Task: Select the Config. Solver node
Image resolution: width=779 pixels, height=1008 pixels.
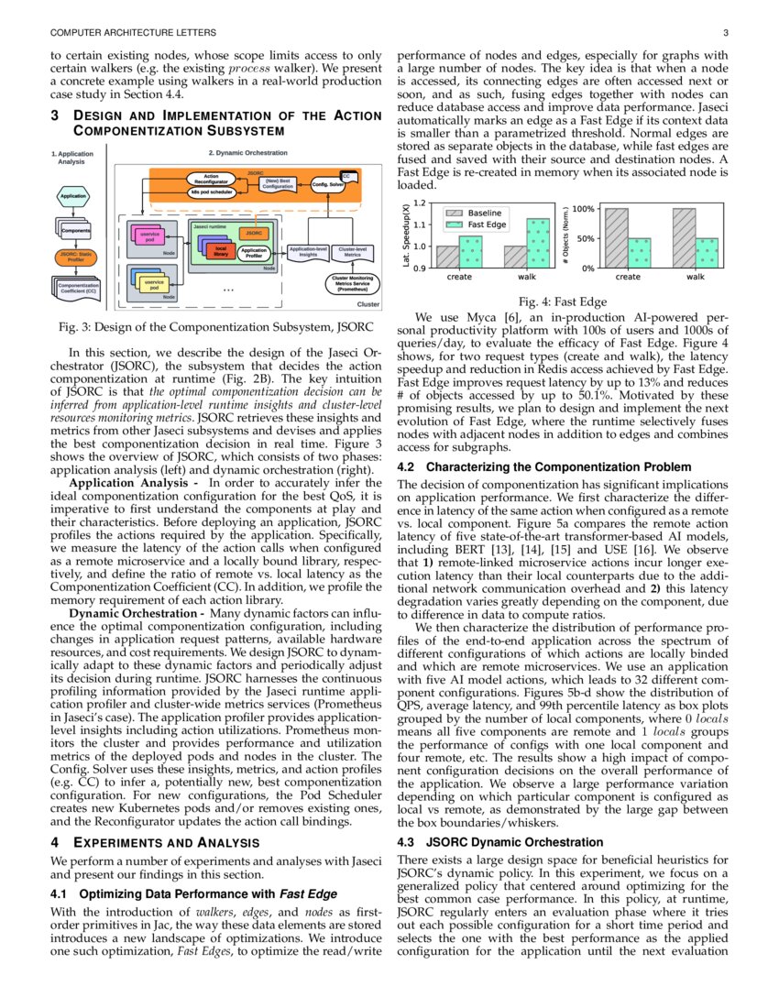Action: [327, 184]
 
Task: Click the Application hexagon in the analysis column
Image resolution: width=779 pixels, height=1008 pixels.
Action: [72, 197]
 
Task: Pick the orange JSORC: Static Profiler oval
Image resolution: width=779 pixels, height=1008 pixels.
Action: [73, 257]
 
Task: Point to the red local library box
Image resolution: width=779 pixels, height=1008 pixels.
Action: [220, 251]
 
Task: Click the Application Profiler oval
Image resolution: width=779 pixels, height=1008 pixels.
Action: [254, 253]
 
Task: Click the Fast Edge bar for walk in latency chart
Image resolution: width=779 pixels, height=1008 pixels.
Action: [538, 244]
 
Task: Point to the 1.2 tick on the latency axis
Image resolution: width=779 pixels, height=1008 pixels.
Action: [419, 203]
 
